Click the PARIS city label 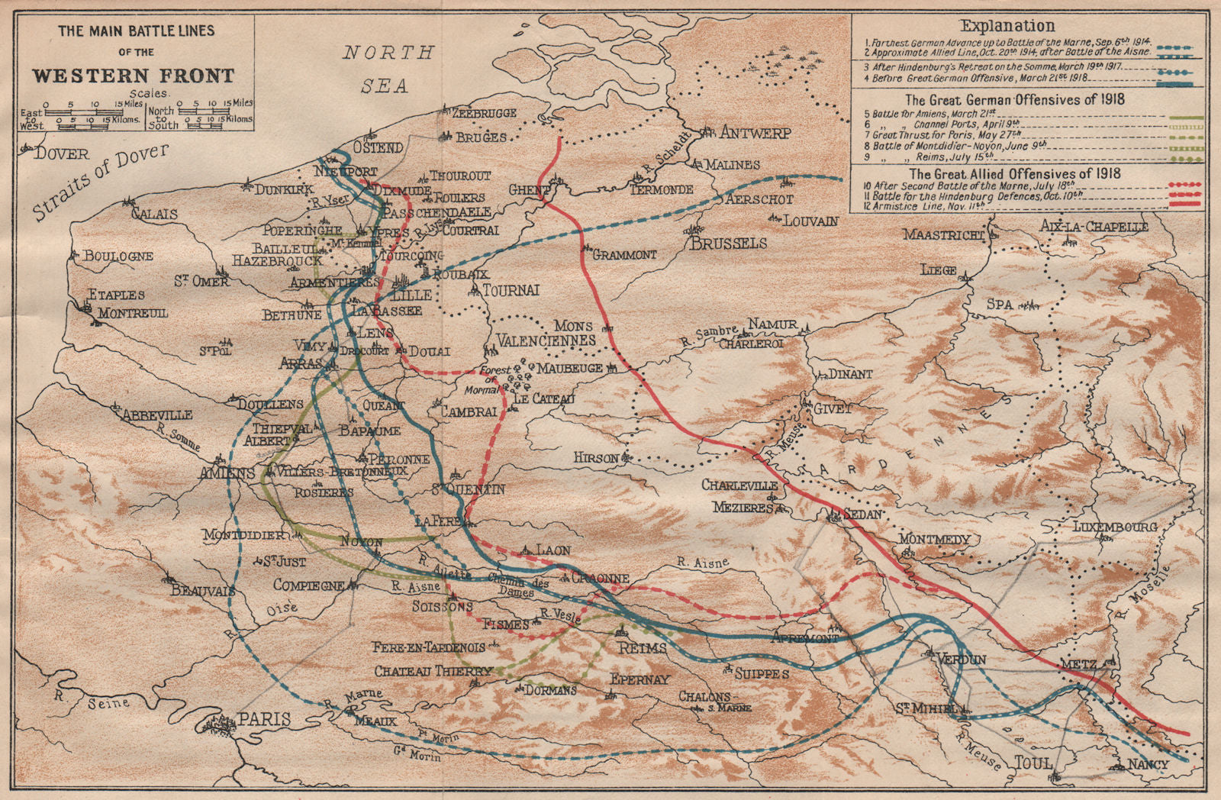(264, 719)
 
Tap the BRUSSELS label (728, 244)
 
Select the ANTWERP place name (755, 133)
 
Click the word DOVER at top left (62, 153)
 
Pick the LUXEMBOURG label (1115, 527)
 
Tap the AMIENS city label (227, 473)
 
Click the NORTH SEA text (388, 69)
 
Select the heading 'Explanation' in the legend (1007, 26)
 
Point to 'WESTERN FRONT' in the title (133, 76)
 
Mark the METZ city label (1079, 665)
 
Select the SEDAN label (862, 515)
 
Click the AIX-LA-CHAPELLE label (1094, 227)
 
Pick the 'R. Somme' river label (177, 437)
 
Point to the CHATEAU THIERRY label (433, 671)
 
